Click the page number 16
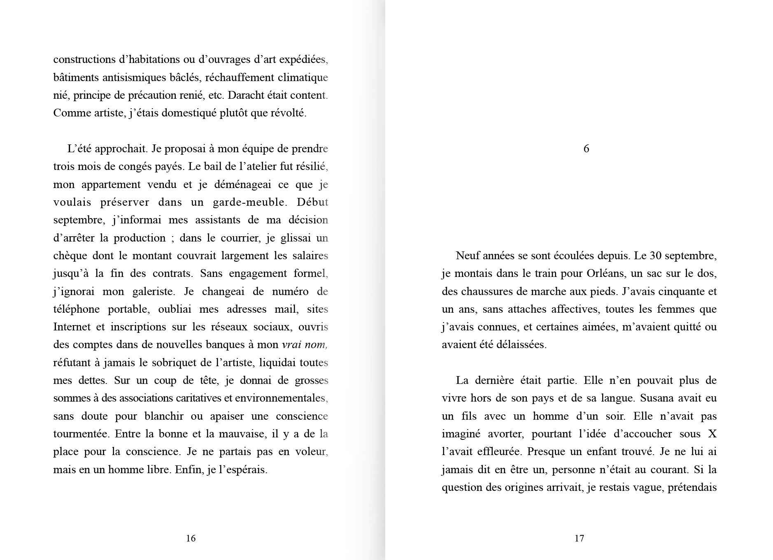pos(191,538)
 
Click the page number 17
pos(579,538)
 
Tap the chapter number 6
pos(586,149)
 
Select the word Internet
pos(72,327)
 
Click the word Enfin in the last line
pos(188,469)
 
